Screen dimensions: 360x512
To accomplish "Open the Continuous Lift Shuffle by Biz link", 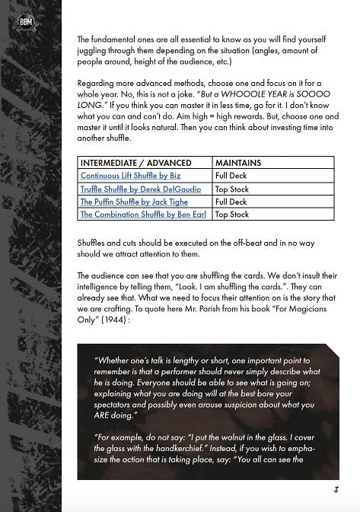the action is tap(124, 176).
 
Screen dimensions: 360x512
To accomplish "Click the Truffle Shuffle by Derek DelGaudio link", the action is tap(136, 189).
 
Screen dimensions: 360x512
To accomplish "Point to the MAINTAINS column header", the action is tap(238, 163).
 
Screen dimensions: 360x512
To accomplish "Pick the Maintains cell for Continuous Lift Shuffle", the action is tap(231, 176).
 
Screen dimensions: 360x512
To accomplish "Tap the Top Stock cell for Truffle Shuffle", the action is tap(232, 189).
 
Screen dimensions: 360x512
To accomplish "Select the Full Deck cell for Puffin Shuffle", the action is tap(231, 202).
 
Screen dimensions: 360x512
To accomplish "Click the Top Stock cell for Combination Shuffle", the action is tap(232, 215).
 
